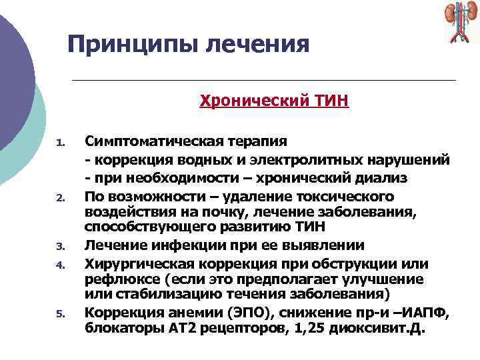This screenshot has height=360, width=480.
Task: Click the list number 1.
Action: pyautogui.click(x=59, y=142)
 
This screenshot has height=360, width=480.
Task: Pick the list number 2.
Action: pyautogui.click(x=59, y=198)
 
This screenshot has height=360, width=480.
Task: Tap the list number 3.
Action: pyautogui.click(x=59, y=246)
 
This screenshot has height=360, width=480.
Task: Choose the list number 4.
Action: pyautogui.click(x=59, y=265)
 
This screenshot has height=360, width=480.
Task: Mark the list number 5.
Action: pyautogui.click(x=59, y=313)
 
